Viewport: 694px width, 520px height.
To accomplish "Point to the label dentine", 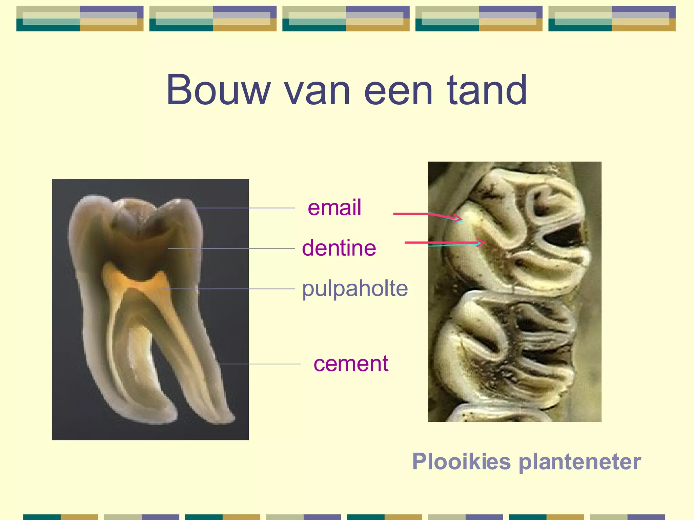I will coord(339,248).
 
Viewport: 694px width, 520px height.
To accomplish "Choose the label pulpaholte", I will coord(355,288).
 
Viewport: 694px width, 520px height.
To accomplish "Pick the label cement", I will coord(351,364).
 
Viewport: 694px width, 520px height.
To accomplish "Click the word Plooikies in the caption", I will coord(461,461).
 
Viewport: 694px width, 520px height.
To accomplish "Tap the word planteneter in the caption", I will coord(580,462).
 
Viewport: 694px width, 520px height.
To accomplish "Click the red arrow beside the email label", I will coord(427,215).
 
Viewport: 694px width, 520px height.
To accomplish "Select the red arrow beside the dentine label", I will coord(444,243).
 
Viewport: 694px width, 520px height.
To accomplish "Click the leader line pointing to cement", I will coord(258,364).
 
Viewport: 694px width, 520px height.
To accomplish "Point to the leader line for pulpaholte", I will coord(230,289).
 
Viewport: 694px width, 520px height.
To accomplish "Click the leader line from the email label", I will coord(244,208).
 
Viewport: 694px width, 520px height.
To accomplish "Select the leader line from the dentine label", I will coord(230,248).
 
